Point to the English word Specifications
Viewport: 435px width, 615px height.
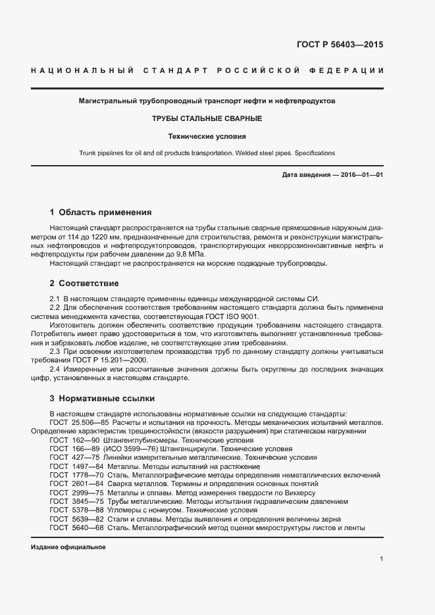pos(313,153)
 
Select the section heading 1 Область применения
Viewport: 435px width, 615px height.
pos(101,212)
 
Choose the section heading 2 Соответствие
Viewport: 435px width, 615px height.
pos(84,283)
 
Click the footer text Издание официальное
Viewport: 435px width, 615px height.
pos(68,547)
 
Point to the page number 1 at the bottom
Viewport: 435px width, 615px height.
pos(382,559)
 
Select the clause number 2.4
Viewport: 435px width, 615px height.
pos(56,369)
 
